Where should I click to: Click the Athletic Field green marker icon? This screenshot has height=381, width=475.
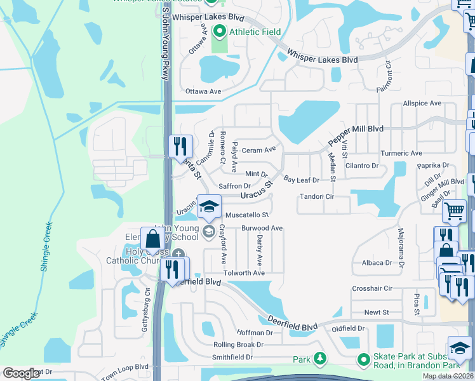[220, 30]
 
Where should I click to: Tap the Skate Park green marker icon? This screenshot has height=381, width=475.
[363, 359]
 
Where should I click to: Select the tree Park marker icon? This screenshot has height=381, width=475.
[319, 359]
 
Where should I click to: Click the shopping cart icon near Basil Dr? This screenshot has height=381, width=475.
[453, 211]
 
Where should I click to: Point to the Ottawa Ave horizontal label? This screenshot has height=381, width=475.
[203, 91]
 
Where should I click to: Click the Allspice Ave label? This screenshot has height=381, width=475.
[422, 104]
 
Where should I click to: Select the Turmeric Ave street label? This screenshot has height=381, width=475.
[401, 154]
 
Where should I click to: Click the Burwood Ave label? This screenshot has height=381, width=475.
[262, 228]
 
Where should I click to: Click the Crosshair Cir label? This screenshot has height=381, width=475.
[372, 288]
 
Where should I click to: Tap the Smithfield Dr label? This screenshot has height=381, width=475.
[232, 358]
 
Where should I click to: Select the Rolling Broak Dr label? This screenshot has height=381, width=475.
[239, 345]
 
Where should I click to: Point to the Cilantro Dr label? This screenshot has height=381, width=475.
[362, 166]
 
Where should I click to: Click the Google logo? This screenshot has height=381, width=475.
[21, 373]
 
